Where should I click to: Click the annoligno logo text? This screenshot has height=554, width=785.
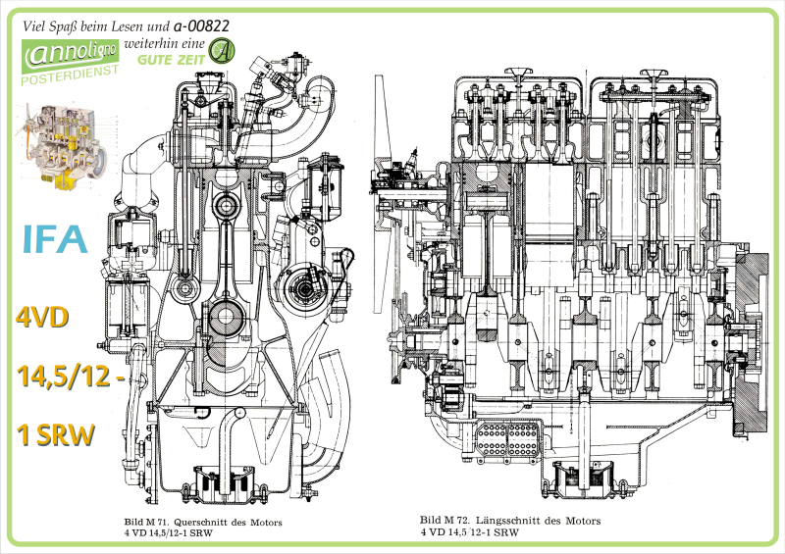click(71, 51)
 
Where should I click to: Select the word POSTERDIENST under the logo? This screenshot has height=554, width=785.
click(70, 74)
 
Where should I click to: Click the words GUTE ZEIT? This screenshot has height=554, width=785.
click(180, 59)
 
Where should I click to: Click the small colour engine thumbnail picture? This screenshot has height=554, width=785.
click(59, 147)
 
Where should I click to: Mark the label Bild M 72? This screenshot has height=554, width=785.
click(445, 521)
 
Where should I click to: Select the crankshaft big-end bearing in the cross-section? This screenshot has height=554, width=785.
click(227, 318)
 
